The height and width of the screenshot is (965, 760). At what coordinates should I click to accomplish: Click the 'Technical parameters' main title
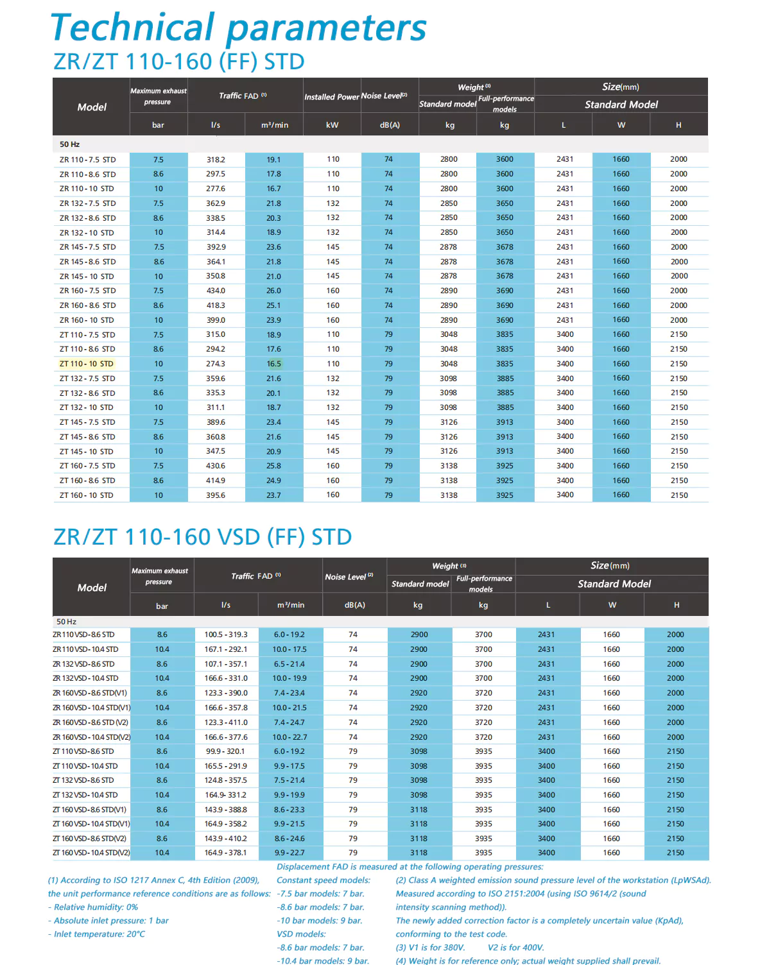tap(238, 28)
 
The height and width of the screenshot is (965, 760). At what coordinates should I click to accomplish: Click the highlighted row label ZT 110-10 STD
tap(86, 364)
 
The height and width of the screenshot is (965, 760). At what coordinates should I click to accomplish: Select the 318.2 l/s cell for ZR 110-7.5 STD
tap(216, 160)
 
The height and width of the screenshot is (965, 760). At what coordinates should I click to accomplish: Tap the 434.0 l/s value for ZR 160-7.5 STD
tap(216, 291)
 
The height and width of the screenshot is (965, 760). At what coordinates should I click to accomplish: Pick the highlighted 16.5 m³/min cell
tap(274, 364)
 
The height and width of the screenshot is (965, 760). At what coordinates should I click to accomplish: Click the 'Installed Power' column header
tap(331, 97)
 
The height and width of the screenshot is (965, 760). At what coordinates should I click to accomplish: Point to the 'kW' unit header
tap(332, 125)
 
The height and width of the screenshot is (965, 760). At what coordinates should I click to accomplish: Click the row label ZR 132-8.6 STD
tap(87, 218)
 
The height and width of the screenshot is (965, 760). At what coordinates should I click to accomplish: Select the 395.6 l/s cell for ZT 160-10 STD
tap(216, 495)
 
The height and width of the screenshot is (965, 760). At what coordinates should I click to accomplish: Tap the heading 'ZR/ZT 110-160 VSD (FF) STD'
tap(202, 536)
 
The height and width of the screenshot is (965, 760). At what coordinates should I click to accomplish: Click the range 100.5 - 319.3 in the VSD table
tap(226, 635)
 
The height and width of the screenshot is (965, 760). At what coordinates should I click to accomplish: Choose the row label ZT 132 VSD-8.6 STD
tap(83, 780)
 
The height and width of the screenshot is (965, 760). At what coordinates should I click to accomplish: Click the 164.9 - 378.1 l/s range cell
tap(226, 853)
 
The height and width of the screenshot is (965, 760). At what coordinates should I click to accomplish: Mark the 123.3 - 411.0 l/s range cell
tap(226, 722)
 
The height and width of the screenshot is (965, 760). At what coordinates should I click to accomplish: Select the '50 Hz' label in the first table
tap(69, 144)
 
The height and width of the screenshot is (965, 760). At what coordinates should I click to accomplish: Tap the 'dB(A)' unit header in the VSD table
tap(354, 605)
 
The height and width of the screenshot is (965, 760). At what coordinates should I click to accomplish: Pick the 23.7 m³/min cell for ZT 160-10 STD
tap(274, 495)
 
